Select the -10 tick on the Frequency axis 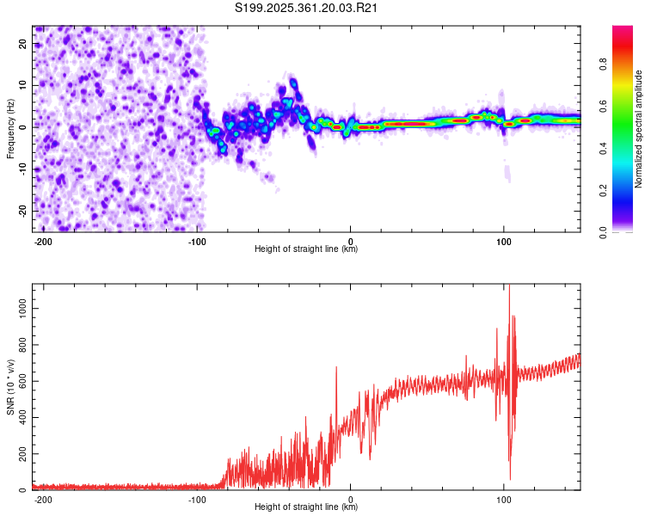coord(22,169)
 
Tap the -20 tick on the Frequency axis coord(22,211)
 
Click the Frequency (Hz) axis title coord(10,127)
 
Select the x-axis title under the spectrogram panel coord(306,250)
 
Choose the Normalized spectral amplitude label coord(639,129)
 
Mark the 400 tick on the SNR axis coord(21,417)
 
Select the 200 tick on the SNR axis coord(21,453)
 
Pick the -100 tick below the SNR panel coord(197,500)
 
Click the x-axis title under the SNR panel coord(306,508)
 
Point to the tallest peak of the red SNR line coord(509,286)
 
